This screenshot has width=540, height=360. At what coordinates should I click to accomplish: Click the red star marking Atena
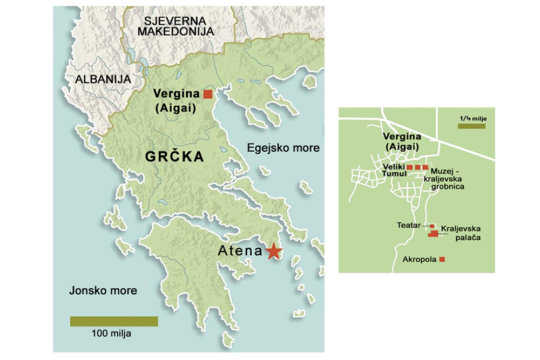point(274,251)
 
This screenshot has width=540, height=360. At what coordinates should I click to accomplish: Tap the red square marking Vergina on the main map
point(208,94)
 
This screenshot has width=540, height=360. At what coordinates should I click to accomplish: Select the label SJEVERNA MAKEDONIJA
point(175,26)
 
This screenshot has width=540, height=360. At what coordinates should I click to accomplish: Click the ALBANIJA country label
point(103,79)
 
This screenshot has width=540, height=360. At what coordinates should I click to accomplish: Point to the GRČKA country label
point(174,157)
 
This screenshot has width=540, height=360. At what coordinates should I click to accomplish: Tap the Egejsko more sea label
point(283,148)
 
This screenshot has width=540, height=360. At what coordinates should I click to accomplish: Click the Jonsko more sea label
point(103,291)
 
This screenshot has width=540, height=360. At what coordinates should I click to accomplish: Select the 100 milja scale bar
point(114,321)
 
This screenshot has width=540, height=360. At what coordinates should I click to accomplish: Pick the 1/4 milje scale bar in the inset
point(471,126)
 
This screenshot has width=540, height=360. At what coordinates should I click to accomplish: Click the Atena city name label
point(240,251)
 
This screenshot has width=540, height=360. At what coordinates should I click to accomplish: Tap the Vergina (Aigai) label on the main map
point(177,100)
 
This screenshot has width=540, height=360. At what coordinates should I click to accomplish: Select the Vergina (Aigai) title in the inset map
point(401,141)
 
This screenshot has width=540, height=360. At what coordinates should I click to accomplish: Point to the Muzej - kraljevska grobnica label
point(448,178)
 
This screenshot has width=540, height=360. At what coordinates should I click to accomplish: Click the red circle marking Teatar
point(432,226)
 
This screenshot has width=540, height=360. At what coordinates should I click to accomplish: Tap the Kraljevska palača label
point(461,233)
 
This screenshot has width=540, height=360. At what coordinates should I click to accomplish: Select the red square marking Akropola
point(442,260)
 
